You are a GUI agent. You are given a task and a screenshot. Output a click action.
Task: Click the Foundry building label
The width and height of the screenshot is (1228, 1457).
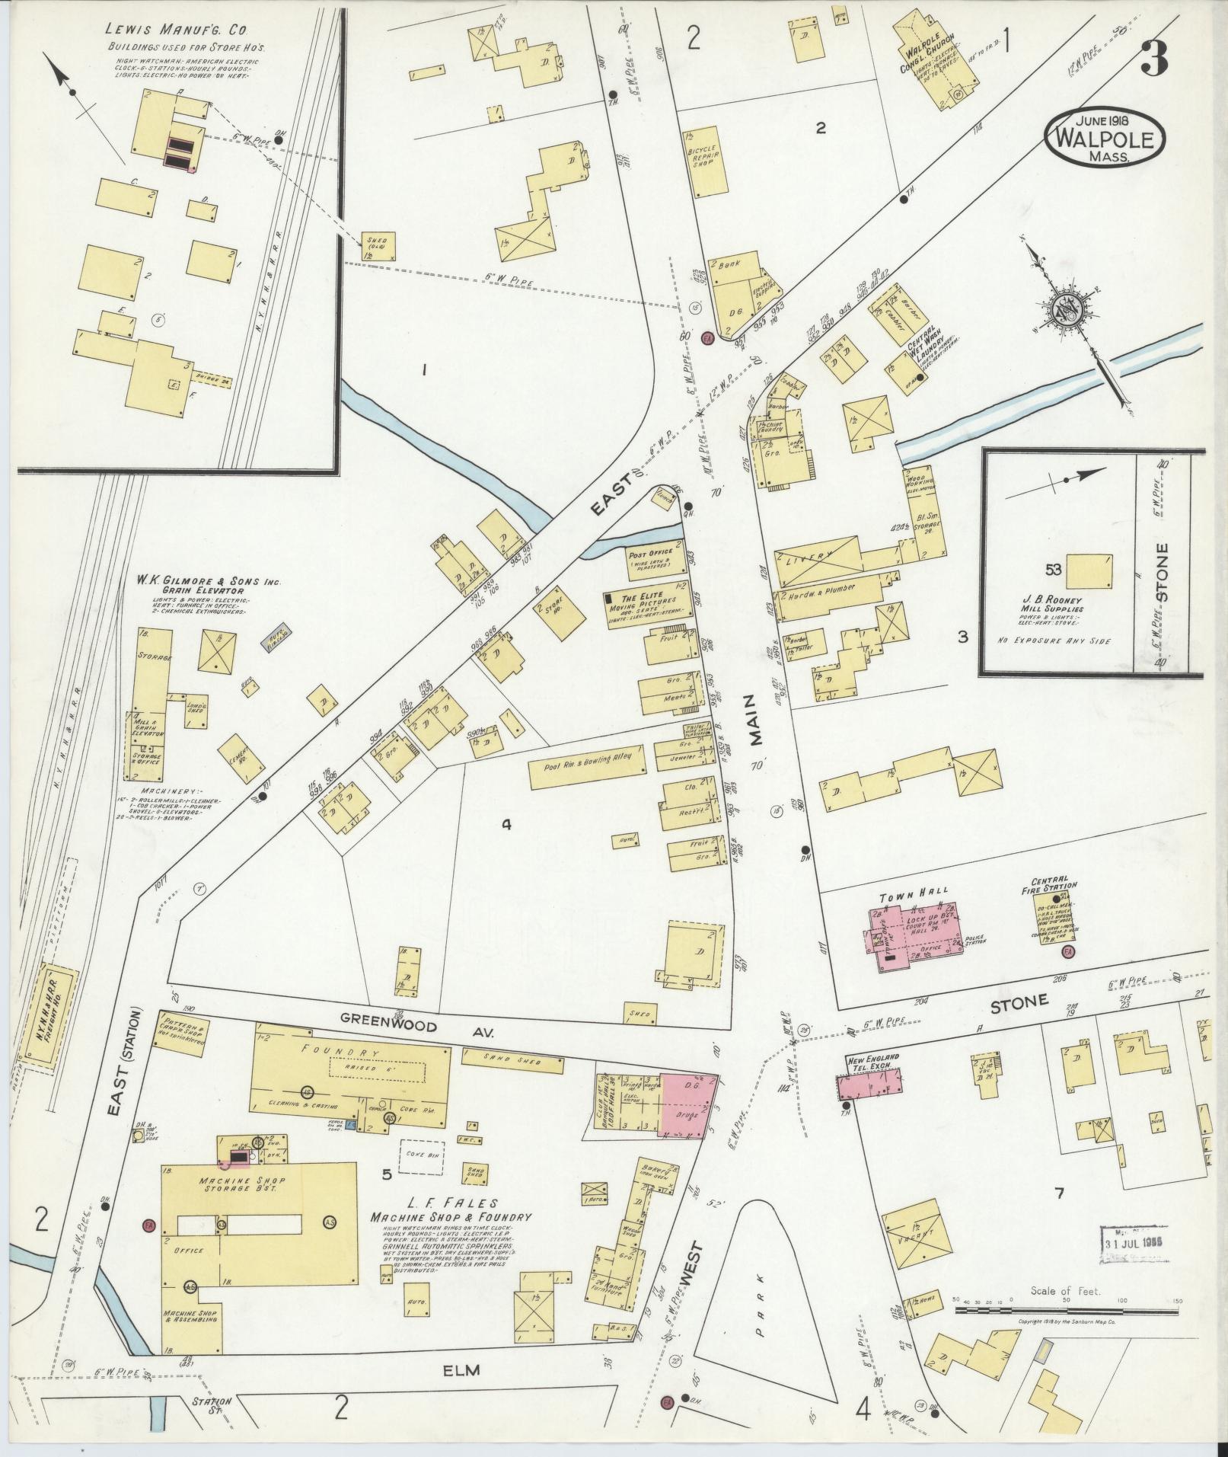coord(349,1052)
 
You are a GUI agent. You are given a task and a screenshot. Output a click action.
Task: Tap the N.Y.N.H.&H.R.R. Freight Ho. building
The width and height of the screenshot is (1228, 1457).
coord(53,1019)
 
